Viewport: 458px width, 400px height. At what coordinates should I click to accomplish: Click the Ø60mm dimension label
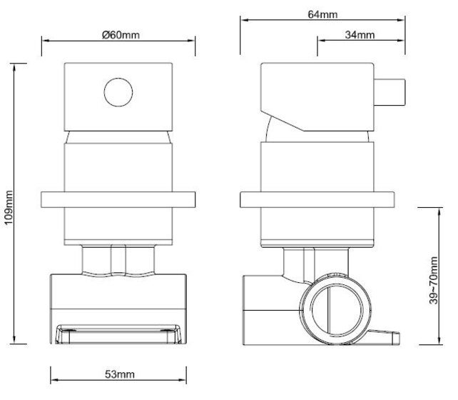(121, 35)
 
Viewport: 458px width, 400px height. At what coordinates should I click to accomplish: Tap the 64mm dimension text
(322, 14)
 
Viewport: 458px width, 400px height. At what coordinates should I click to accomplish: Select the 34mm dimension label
(360, 35)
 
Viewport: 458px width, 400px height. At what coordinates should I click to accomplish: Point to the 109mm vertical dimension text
(9, 207)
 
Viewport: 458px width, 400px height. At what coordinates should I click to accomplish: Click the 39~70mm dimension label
(434, 281)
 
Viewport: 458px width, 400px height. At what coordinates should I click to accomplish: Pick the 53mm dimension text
(120, 374)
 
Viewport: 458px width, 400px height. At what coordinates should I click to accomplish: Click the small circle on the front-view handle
(118, 92)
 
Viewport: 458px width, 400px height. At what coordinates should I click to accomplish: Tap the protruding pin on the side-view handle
(390, 92)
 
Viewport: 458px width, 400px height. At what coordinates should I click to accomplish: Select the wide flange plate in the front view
(118, 200)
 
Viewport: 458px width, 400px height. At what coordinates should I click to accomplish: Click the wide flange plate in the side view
(317, 200)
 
